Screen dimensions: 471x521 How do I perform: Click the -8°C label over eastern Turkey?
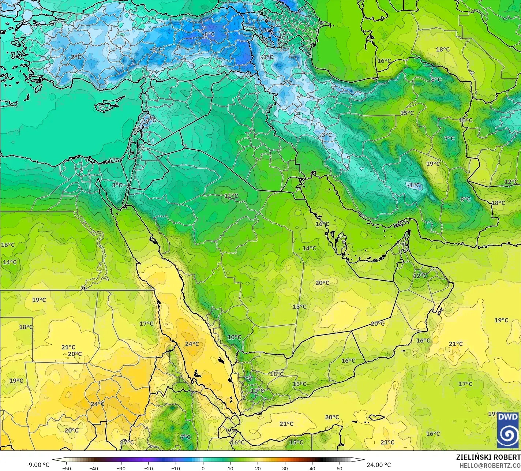[x=209, y=34]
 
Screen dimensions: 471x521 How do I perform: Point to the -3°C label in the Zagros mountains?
[x=326, y=135]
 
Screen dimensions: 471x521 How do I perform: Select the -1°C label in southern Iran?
[x=414, y=186]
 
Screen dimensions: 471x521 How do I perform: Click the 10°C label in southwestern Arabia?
[x=234, y=337]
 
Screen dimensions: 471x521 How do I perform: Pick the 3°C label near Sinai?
[x=117, y=185]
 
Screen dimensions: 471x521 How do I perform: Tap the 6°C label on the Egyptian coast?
[x=114, y=160]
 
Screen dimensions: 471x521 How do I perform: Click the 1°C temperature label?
[x=268, y=57]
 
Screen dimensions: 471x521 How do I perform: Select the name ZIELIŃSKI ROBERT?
[x=488, y=457]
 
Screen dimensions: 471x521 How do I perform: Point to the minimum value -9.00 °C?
[x=38, y=465]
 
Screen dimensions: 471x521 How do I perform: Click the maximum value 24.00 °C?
[x=379, y=465]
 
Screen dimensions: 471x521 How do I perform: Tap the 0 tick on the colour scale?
[x=203, y=468]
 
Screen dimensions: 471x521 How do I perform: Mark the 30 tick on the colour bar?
[x=285, y=468]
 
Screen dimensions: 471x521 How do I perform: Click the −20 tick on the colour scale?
[x=148, y=468]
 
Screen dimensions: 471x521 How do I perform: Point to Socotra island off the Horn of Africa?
[x=376, y=417]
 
